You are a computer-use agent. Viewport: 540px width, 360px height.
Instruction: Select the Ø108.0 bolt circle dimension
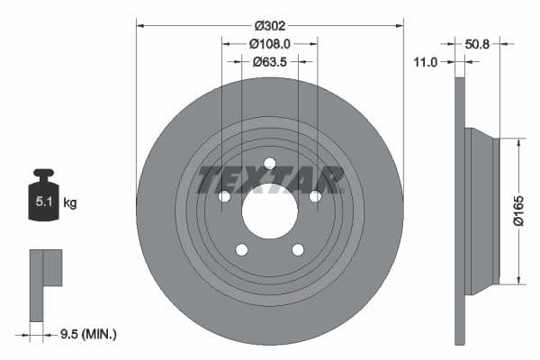pyautogui.click(x=269, y=42)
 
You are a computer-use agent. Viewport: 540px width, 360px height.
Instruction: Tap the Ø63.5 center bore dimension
pyautogui.click(x=269, y=62)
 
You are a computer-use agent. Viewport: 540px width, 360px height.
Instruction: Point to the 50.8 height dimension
pyautogui.click(x=479, y=42)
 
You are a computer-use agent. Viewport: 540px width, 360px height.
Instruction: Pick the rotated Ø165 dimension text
pyautogui.click(x=517, y=211)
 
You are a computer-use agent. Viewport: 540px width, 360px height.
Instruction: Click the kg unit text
pyautogui.click(x=70, y=203)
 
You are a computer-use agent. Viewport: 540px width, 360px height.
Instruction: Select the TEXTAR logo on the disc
pyautogui.click(x=270, y=179)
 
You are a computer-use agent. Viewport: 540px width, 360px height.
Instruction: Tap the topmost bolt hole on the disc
pyautogui.click(x=270, y=163)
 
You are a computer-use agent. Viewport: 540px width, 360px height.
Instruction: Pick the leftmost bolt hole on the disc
pyautogui.click(x=224, y=196)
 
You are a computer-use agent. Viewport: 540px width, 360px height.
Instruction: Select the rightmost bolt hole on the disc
pyautogui.click(x=315, y=196)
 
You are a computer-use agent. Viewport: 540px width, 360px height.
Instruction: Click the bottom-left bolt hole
pyautogui.click(x=241, y=249)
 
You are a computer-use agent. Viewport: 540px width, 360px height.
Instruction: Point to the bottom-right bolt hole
pyautogui.click(x=298, y=249)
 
